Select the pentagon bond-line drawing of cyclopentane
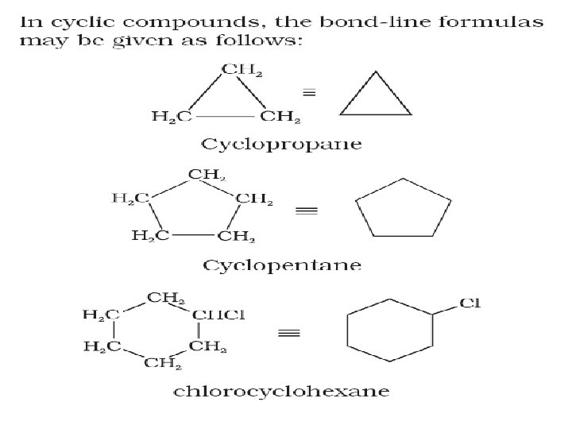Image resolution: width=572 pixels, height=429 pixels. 398,211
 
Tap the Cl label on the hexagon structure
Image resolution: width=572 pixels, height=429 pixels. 470,303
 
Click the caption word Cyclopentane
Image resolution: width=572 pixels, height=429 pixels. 282,265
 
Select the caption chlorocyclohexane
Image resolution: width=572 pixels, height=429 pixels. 281,391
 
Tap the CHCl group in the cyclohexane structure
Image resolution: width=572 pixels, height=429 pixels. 219,315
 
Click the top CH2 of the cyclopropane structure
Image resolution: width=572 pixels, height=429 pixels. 242,71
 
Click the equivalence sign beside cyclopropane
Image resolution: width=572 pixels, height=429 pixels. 310,93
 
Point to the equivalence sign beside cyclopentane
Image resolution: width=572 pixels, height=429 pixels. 306,211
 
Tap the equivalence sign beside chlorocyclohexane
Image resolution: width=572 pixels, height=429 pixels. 288,333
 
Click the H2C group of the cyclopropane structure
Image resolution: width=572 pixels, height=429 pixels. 172,118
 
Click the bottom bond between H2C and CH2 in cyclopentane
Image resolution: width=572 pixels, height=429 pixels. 192,234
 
